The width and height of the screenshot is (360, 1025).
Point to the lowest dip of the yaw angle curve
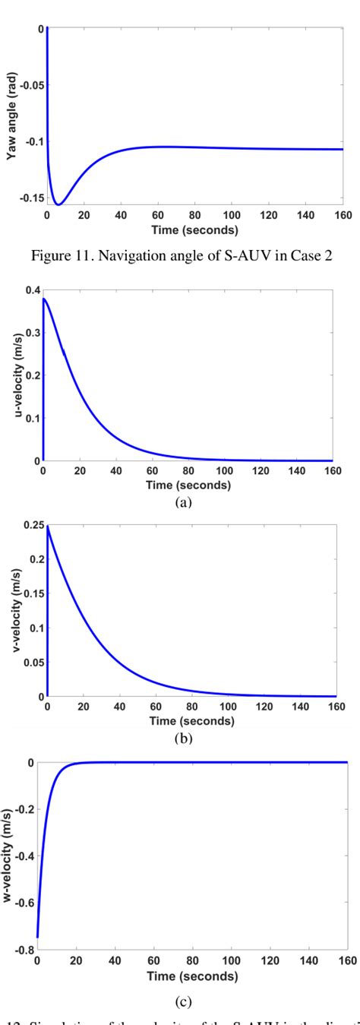coord(58,204)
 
